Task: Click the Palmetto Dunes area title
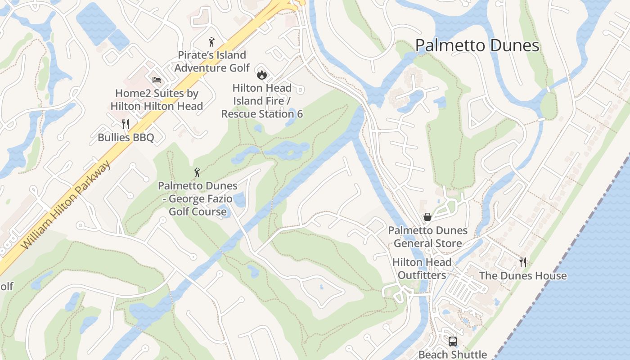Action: coord(477,45)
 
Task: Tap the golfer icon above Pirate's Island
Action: coord(211,42)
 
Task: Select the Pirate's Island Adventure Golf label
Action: coord(212,62)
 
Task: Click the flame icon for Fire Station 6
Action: coord(261,75)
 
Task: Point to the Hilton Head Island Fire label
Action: coord(262,94)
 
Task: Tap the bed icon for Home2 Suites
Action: coord(157,80)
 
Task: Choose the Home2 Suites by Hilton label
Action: coord(157,100)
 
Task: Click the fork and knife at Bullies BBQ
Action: coord(126,124)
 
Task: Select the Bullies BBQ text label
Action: coord(126,138)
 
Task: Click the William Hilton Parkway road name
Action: coord(66,206)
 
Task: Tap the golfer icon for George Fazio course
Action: coord(197,172)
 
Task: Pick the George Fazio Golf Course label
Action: coord(198,198)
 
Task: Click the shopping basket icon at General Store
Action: coord(427,217)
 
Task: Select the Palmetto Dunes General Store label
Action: coord(427,237)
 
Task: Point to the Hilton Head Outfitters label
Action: coord(422,269)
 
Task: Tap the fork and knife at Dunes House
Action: coord(523,262)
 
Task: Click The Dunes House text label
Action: coord(523,276)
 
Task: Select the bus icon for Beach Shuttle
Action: coord(453,342)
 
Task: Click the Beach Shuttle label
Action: coord(453,355)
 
